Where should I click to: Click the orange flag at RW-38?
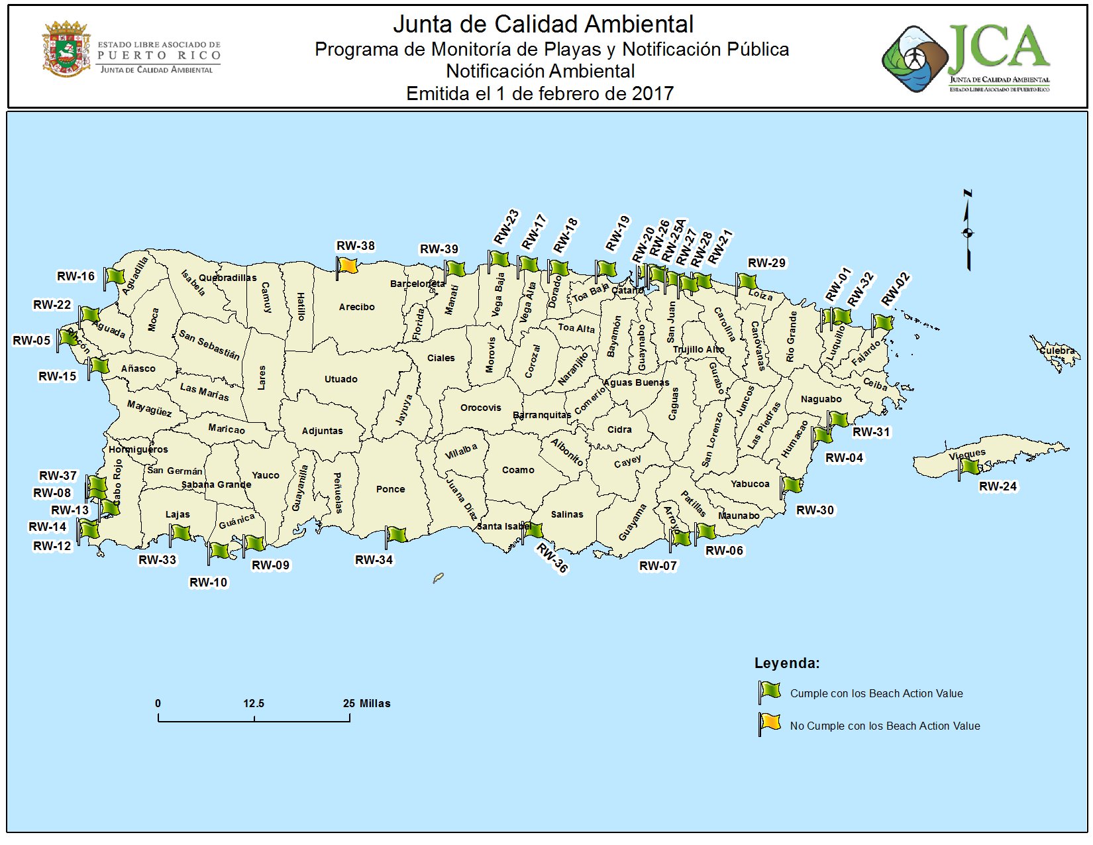point(348,266)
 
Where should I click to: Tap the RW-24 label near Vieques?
point(998,486)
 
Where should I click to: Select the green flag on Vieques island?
point(969,467)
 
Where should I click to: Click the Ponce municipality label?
point(390,489)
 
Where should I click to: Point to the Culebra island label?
point(1057,351)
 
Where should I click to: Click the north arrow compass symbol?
point(968,231)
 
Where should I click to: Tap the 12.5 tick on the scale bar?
point(254,704)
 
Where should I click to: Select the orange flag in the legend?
point(770,722)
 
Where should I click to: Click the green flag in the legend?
point(770,691)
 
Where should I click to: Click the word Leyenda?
point(786,663)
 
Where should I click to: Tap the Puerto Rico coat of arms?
point(66,48)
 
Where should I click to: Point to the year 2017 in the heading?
point(652,93)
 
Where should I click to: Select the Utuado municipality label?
point(340,379)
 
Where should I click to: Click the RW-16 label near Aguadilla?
point(76,276)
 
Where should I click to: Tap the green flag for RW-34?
point(396,534)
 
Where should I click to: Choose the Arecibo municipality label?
point(356,307)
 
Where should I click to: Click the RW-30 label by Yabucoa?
point(815,510)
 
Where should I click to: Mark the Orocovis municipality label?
point(480,408)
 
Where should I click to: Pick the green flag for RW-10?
point(219,551)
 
